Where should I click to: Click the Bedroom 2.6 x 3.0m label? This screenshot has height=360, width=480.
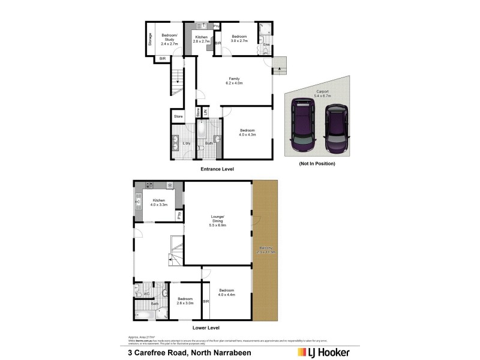185,301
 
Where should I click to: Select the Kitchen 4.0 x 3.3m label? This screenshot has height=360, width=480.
158,203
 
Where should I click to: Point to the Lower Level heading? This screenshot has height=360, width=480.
206,328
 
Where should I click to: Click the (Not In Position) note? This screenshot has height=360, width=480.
316,163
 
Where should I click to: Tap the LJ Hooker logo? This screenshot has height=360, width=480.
324,352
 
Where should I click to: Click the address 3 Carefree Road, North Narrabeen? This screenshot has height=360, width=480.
190,352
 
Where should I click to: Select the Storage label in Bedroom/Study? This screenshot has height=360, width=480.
150,39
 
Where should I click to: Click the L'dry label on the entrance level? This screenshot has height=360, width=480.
186,143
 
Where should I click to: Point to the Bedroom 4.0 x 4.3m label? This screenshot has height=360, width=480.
248,132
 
